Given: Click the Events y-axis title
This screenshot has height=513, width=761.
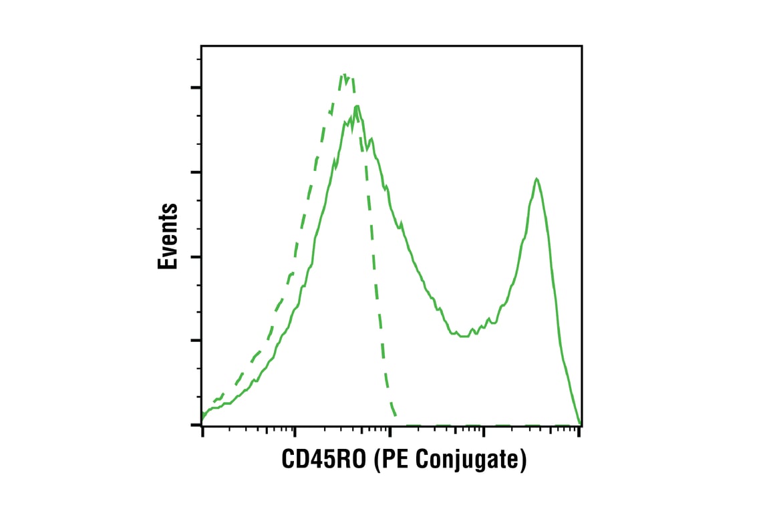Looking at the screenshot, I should pos(168,237).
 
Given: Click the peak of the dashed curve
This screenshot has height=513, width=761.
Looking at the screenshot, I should pos(345,75).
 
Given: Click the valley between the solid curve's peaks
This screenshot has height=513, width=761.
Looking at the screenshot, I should pos(461,336).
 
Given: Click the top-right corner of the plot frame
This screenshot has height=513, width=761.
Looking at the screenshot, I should pos(581,45).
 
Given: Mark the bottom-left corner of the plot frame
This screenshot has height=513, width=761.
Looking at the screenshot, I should pos(202,425).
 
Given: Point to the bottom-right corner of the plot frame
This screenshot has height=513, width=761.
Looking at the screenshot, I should pos(581,425).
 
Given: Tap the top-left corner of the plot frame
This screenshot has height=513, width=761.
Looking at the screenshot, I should pos(202,45).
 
